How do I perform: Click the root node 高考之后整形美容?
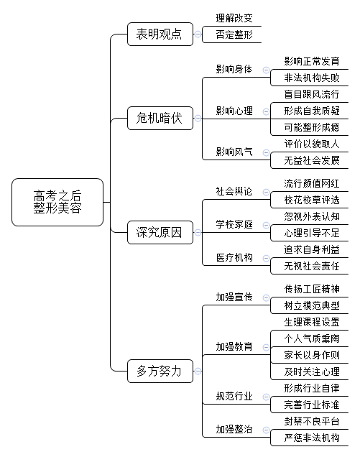(x=57, y=202)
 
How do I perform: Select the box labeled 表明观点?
(x=160, y=34)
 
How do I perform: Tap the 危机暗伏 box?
(x=160, y=118)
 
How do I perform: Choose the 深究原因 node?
(x=160, y=232)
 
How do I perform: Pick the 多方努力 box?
(x=160, y=371)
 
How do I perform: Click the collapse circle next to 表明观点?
(x=198, y=34)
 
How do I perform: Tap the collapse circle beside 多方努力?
(x=198, y=371)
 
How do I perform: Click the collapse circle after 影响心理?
(x=266, y=111)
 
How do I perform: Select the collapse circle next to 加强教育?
(x=266, y=347)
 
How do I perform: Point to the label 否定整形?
(x=234, y=34)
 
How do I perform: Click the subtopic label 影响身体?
(x=234, y=70)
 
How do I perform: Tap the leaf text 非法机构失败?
(x=312, y=78)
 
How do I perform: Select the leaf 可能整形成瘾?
(x=312, y=127)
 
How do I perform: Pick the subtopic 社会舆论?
(x=234, y=191)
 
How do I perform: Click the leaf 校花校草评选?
(x=312, y=200)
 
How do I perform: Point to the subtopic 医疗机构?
(x=234, y=258)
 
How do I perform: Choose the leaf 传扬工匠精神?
(x=312, y=289)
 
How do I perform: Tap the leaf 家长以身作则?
(x=312, y=355)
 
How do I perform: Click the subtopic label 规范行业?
(x=234, y=397)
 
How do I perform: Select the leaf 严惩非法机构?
(x=312, y=438)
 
